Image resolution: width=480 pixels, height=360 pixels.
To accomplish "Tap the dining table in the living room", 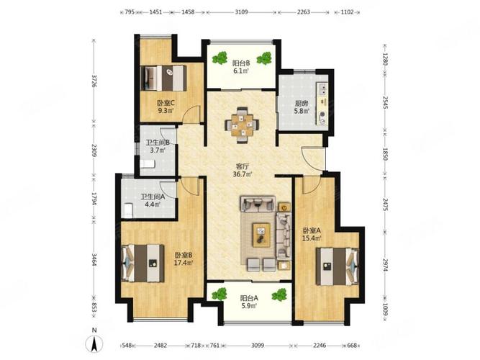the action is pos(242,125).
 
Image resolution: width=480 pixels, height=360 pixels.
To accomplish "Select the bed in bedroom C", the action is pos(163,78).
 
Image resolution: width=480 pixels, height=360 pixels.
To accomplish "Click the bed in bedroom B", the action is pos(143,263).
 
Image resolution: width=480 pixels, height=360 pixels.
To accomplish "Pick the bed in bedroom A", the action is pos(337,266).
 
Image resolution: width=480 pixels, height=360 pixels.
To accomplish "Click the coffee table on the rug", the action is pos(261,235).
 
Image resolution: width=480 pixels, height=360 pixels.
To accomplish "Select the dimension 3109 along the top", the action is pos(242,12).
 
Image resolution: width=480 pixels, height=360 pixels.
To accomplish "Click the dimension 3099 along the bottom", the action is pos(258,346).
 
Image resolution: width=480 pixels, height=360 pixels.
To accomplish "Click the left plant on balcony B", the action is pos(220,58).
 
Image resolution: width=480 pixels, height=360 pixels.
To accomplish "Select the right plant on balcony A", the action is pos(279,294).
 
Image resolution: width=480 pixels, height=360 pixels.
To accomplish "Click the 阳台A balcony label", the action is pos(249,298).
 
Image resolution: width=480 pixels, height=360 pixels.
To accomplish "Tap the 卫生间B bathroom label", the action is pos(158,143).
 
